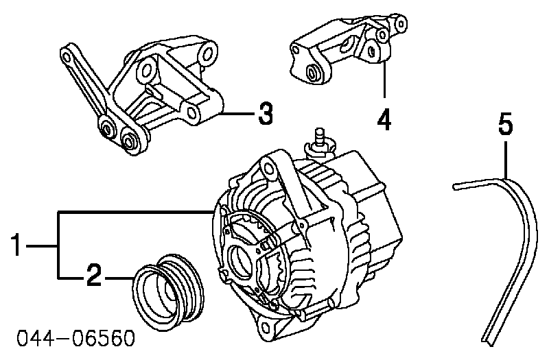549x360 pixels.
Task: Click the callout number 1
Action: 21,245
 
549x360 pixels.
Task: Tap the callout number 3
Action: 264,114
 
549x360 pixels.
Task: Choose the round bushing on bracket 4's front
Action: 315,73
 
